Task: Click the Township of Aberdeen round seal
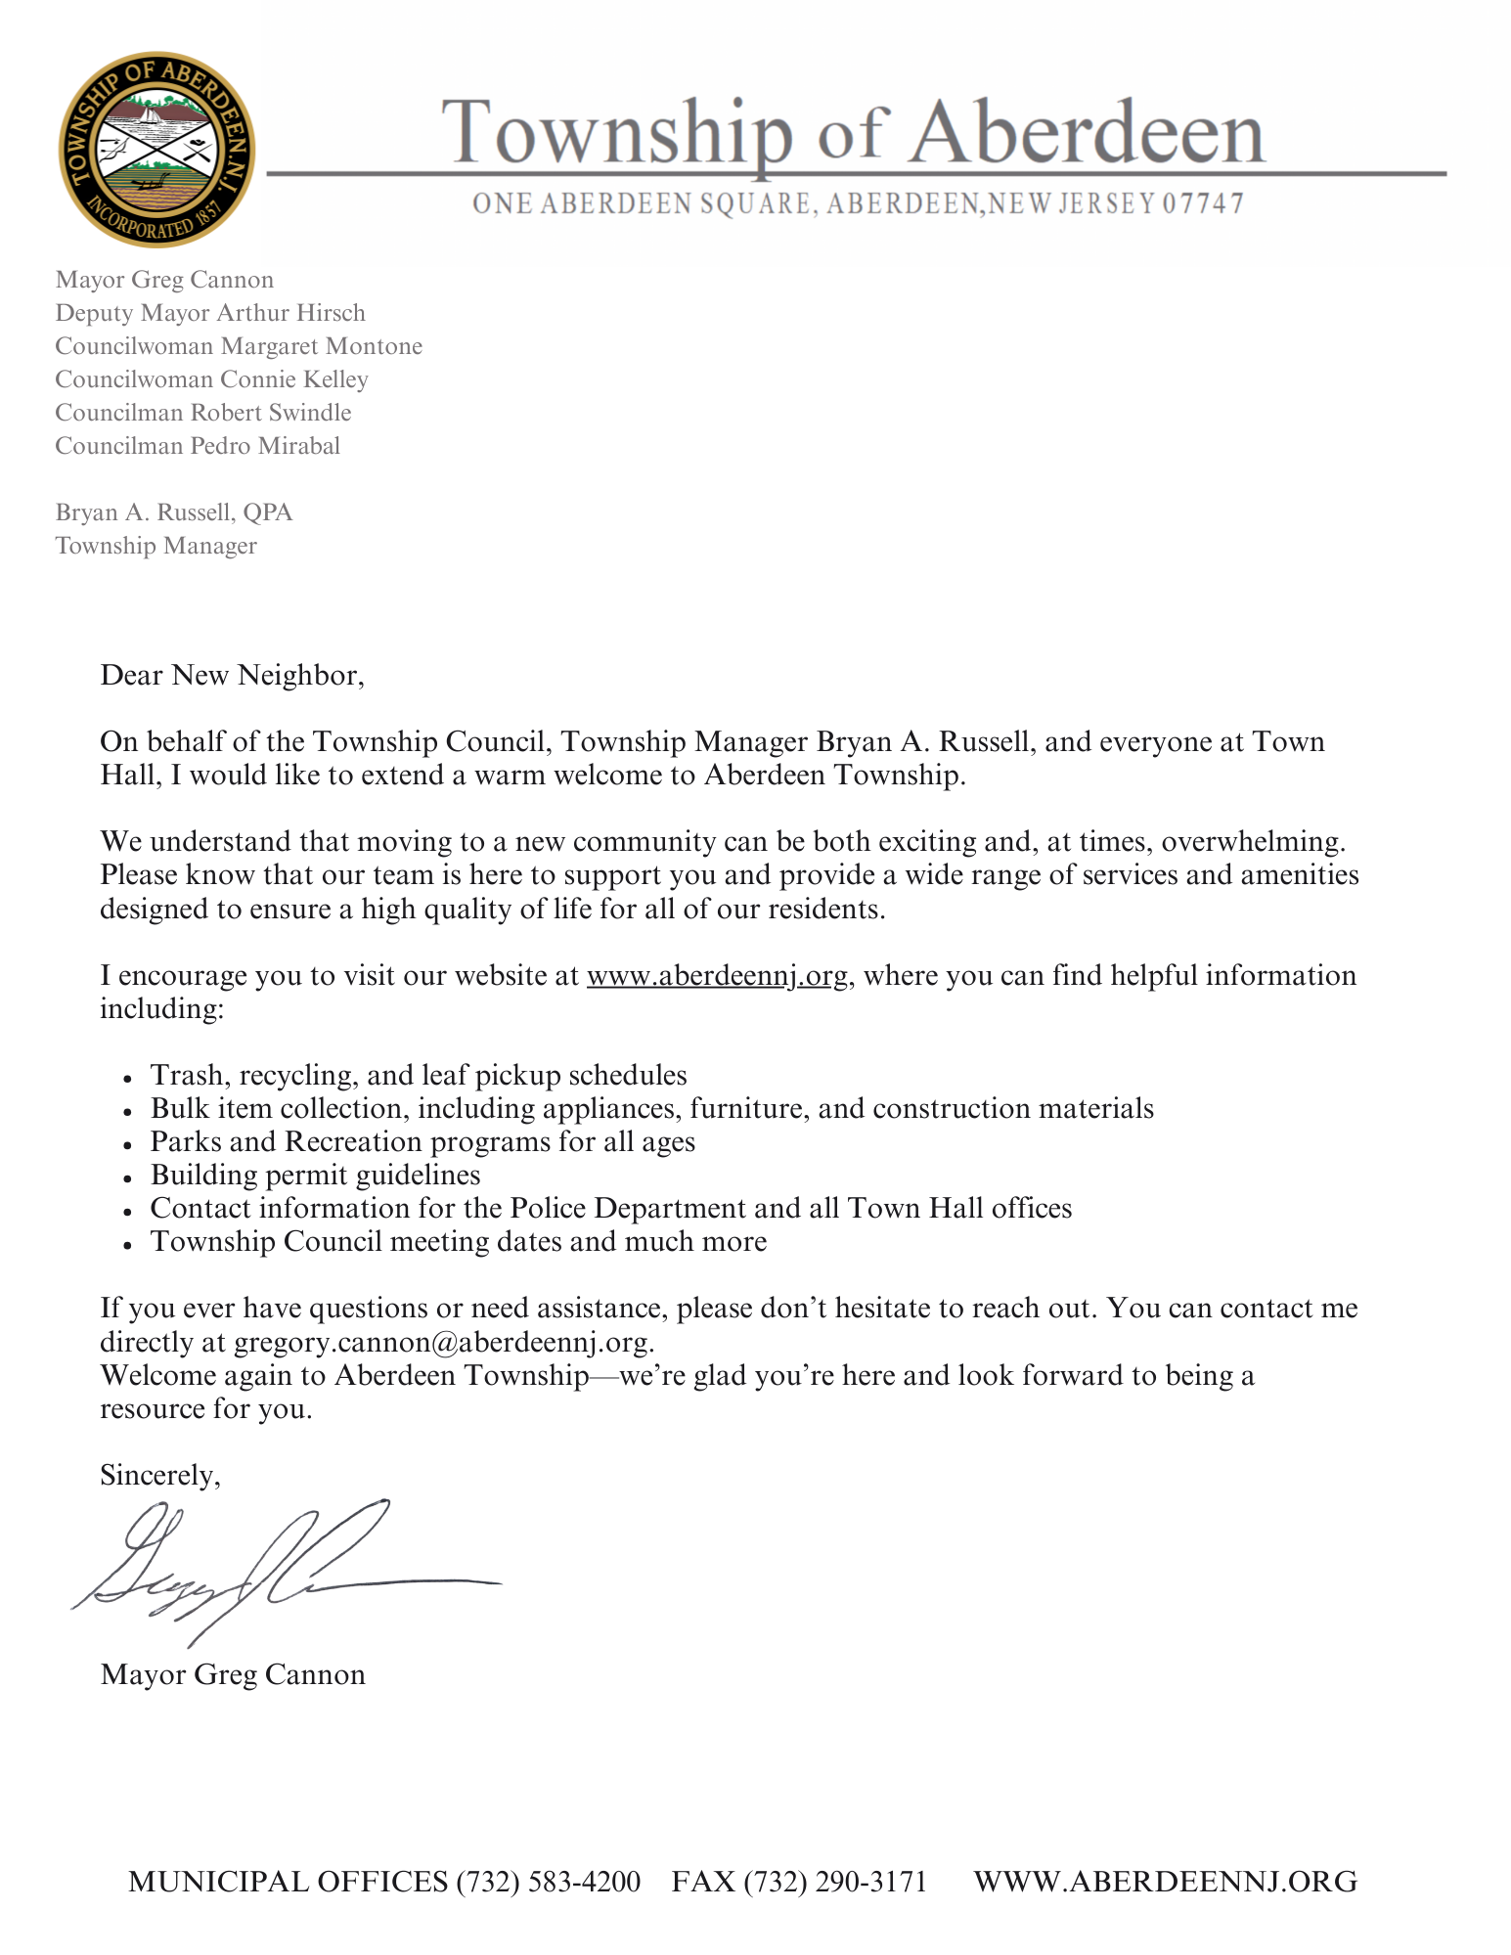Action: (x=156, y=150)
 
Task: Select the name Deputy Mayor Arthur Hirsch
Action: (x=210, y=313)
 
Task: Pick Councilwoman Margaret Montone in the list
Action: (x=239, y=346)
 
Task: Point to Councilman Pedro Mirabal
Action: (x=198, y=446)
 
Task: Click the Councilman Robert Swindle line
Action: (x=202, y=413)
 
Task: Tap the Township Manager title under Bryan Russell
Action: (x=156, y=546)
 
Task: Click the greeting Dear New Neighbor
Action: (x=232, y=676)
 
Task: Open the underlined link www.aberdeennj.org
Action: (x=717, y=976)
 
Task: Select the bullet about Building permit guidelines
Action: (x=315, y=1175)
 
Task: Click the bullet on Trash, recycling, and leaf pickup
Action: (x=419, y=1075)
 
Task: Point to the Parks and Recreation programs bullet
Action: (x=422, y=1141)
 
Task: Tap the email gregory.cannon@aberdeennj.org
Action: (x=442, y=1342)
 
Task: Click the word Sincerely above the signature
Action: (x=159, y=1475)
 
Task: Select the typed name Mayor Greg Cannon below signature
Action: (x=233, y=1674)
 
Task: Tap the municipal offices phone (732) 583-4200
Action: (x=548, y=1881)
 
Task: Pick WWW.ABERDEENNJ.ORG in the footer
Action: (x=1165, y=1881)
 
